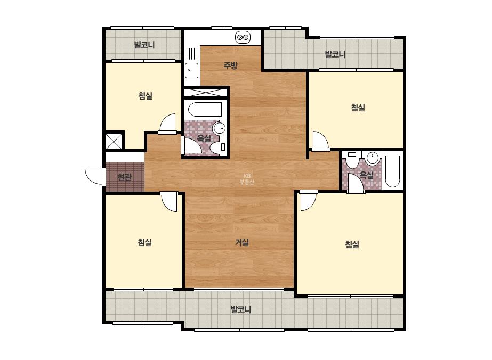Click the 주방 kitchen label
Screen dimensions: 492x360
pos(230,65)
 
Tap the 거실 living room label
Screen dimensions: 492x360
pos(242,242)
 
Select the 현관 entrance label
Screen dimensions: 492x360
pos(124,177)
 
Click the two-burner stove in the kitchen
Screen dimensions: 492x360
pos(243,38)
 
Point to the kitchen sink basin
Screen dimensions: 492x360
pos(191,70)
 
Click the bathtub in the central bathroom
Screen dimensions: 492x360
pos(205,110)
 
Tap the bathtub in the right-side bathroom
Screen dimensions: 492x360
pos(392,171)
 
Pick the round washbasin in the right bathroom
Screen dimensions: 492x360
pos(373,158)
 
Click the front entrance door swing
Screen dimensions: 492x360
pos(94,176)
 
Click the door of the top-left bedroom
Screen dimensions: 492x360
pos(167,124)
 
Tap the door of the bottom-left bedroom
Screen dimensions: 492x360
pos(169,201)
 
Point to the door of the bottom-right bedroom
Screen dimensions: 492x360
pos(308,200)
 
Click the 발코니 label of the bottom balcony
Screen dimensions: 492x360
pos(240,309)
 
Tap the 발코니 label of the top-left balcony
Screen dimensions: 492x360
pos(144,45)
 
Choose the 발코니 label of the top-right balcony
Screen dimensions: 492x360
pos(335,54)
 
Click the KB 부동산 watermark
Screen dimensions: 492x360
pos(247,179)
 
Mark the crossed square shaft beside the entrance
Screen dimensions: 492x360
pos(114,141)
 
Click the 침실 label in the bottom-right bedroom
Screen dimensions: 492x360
pos(352,244)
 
